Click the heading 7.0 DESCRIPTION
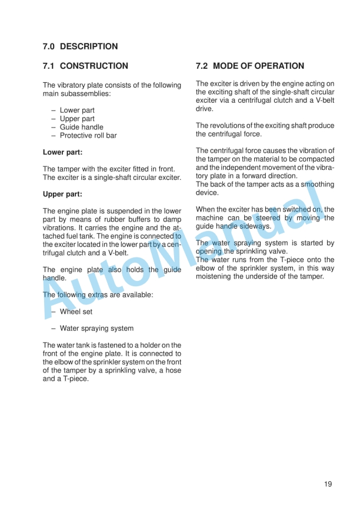[x=80, y=46]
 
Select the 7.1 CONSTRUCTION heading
[x=85, y=66]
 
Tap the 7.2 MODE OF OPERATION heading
[x=250, y=66]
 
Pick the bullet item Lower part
[x=77, y=110]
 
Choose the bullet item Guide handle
[x=81, y=127]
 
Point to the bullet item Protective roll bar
[x=88, y=136]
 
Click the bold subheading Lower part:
[x=62, y=152]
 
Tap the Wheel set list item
[x=76, y=312]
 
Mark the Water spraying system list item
[x=96, y=329]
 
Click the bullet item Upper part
[x=77, y=119]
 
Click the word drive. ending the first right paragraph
[x=205, y=109]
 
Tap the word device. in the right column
[x=207, y=193]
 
